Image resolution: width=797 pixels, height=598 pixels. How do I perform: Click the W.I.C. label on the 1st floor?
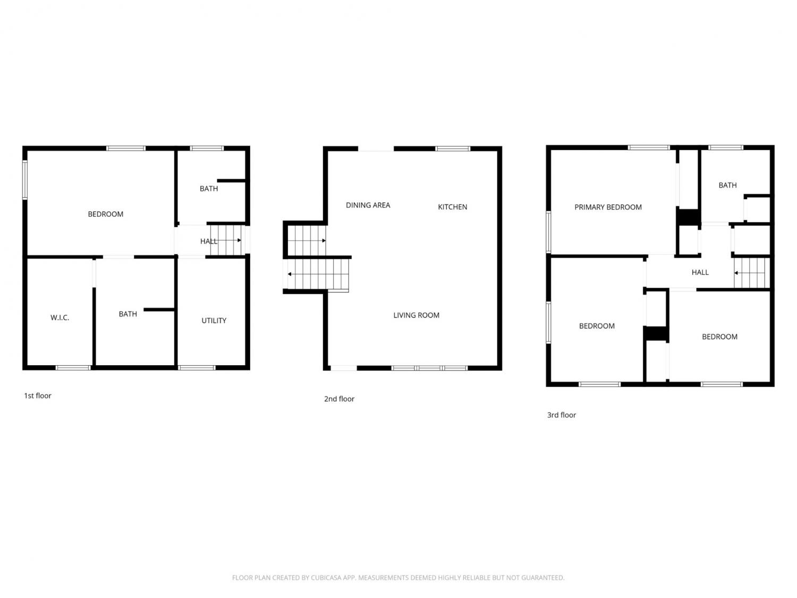[x=60, y=318]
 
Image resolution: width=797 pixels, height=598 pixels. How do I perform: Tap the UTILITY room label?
[x=214, y=321]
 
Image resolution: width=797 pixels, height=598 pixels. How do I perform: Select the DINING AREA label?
[x=368, y=205]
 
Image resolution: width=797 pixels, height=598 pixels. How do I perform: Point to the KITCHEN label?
[x=452, y=207]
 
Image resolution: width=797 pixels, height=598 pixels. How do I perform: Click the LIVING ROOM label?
[x=416, y=315]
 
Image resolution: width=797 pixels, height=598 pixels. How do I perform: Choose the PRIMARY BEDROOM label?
[x=608, y=207]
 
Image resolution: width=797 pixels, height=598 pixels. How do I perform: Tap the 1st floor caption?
[x=38, y=396]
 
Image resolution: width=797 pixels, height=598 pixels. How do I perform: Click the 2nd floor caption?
[x=339, y=399]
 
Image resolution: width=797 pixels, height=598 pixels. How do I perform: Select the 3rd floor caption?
[x=561, y=415]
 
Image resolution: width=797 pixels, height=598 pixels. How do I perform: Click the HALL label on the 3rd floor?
[x=700, y=272]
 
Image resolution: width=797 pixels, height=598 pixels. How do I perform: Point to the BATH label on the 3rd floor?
[x=727, y=185]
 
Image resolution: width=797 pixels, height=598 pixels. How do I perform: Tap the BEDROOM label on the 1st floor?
[x=106, y=214]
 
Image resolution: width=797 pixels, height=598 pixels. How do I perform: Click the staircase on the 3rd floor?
[x=751, y=273]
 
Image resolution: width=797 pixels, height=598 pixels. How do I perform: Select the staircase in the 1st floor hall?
[x=226, y=240]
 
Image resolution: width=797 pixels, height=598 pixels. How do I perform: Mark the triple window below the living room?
[x=429, y=368]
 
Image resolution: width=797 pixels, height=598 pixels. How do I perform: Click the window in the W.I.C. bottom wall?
[x=73, y=368]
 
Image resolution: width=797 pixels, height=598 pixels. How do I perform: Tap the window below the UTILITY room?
[x=197, y=368]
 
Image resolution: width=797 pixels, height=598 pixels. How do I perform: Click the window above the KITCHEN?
[x=452, y=148]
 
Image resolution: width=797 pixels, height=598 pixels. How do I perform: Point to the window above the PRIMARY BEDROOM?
[x=649, y=147]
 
